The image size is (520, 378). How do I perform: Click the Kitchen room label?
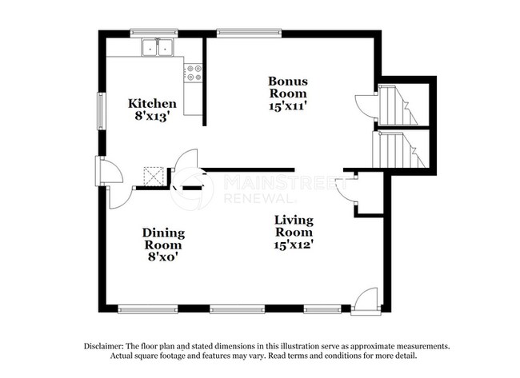tap(153, 103)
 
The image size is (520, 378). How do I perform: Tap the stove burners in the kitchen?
tap(193, 74)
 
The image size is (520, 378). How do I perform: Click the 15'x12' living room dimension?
tap(294, 245)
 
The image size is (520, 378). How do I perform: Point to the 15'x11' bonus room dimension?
tap(287, 103)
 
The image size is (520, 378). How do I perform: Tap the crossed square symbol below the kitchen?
tap(154, 175)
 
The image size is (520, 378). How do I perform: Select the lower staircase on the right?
tap(397, 149)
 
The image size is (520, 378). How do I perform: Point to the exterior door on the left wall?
tap(106, 171)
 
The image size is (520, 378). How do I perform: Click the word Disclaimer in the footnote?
tap(109, 346)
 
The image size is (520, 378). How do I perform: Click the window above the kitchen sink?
tap(154, 34)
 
